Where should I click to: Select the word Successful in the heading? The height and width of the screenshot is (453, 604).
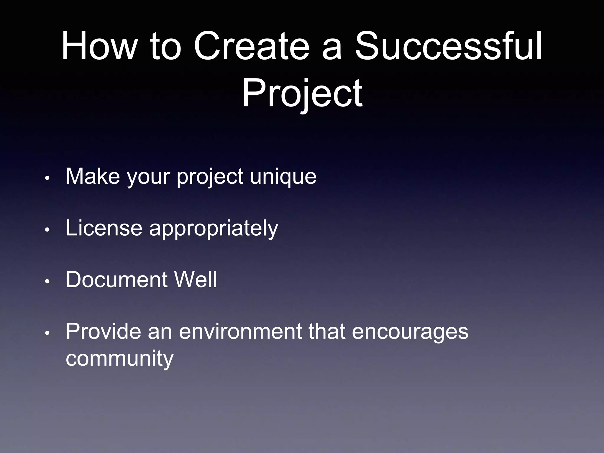[448, 47]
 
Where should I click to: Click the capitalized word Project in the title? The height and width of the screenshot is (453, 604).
[302, 94]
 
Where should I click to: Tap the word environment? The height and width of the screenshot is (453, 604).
[241, 331]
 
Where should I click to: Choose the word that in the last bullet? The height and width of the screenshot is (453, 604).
[327, 331]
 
